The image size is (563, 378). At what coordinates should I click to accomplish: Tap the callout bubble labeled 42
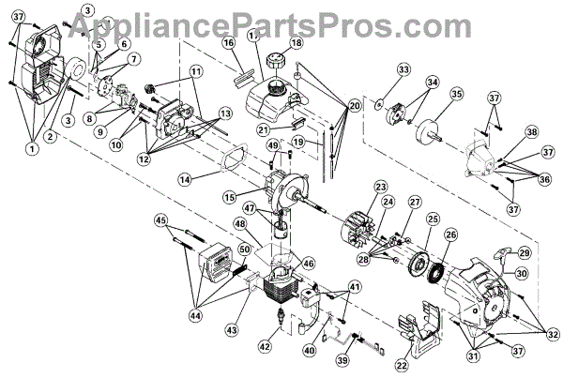coord(265,346)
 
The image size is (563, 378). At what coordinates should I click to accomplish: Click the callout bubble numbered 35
coord(457,94)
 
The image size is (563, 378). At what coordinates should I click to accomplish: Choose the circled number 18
coord(297,43)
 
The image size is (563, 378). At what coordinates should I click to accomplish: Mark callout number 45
coord(161,220)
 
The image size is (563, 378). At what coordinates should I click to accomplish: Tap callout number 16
coord(228,42)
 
